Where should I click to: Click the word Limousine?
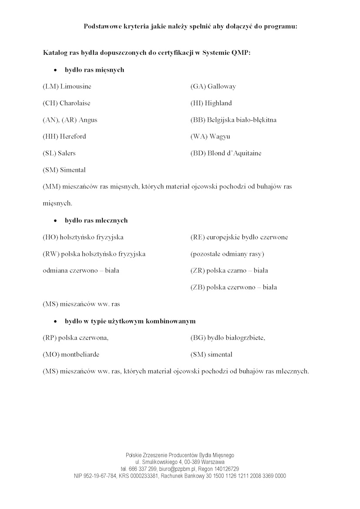(76, 87)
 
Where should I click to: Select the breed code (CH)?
(50, 103)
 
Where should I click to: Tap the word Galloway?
(222, 87)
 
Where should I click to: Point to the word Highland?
(219, 103)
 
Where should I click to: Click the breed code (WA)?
(199, 137)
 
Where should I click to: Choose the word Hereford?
(73, 137)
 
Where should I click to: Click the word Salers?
(67, 153)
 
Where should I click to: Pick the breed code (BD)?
(198, 153)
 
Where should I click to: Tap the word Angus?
(88, 120)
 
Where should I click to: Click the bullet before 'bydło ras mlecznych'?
(55, 221)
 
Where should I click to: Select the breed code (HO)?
(50, 237)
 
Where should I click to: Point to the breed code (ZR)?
(198, 271)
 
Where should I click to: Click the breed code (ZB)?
(198, 287)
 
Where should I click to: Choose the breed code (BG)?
(198, 338)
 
